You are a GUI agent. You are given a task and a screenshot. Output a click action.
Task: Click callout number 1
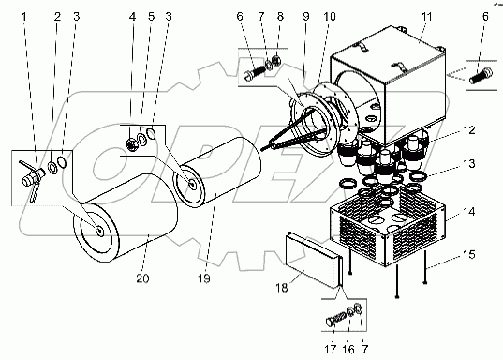(x=23, y=16)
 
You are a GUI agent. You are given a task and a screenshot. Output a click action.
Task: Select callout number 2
(x=57, y=16)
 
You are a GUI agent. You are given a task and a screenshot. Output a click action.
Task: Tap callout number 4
(x=132, y=16)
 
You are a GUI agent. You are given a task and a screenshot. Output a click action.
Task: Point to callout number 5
(x=151, y=16)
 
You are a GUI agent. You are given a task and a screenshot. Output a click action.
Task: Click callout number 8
(x=280, y=16)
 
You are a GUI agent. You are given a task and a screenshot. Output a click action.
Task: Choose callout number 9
(x=305, y=16)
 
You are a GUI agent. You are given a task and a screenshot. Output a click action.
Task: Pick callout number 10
(x=330, y=16)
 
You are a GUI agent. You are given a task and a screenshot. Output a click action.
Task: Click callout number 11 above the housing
(x=426, y=16)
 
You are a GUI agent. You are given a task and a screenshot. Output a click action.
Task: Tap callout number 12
(x=468, y=130)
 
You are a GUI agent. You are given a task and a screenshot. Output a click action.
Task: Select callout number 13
(x=468, y=164)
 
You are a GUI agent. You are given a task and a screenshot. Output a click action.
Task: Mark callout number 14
(x=468, y=212)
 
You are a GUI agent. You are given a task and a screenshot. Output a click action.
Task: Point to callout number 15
(x=468, y=254)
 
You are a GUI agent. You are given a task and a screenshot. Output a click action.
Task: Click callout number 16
(x=348, y=349)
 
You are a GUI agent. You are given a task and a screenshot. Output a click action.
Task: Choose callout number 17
(x=330, y=349)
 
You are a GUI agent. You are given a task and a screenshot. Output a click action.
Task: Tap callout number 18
(x=282, y=288)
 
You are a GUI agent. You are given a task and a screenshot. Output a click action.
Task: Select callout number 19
(x=203, y=278)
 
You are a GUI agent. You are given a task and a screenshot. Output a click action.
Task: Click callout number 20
(x=142, y=278)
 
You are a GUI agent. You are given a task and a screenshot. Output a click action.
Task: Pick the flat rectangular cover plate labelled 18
(x=314, y=261)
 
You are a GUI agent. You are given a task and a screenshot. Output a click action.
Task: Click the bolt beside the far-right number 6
(x=481, y=76)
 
